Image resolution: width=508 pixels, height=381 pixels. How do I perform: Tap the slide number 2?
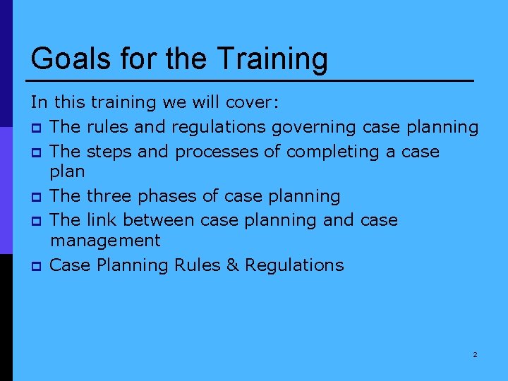pos(475,354)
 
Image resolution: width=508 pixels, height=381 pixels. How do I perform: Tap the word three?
pos(109,195)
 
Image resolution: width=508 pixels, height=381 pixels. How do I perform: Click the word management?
pos(105,241)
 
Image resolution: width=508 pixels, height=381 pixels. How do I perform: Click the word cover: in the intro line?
pos(253,103)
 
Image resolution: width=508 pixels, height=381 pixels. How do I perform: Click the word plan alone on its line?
pos(68,172)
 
